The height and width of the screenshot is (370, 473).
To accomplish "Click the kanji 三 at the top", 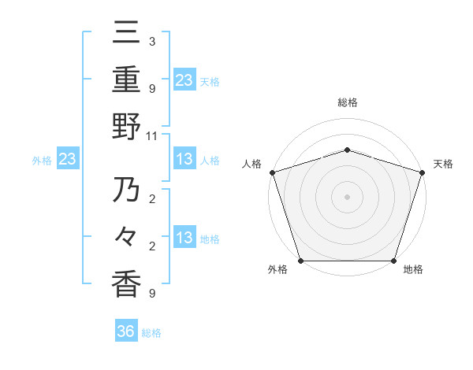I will [x=126, y=35].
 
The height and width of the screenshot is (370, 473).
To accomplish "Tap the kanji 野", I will [x=126, y=127].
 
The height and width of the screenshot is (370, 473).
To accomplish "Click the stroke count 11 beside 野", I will [x=152, y=135].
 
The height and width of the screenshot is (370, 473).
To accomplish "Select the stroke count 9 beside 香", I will [x=151, y=294].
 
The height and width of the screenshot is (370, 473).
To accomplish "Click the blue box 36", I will [x=126, y=331].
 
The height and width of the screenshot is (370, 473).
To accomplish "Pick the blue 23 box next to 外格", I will [x=68, y=160].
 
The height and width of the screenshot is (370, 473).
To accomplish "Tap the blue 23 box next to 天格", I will [x=184, y=80].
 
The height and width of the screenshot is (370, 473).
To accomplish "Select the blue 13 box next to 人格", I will [x=184, y=160].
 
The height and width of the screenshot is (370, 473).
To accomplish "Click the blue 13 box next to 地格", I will [x=184, y=239].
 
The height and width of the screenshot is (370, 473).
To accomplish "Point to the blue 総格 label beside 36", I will [x=151, y=333].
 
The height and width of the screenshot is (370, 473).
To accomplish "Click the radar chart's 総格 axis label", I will [x=347, y=102].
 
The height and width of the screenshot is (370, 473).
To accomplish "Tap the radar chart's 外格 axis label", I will [x=277, y=269].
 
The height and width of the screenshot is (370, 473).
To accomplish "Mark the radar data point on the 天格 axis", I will [x=422, y=172].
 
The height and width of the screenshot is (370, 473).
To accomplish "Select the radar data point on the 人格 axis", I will [x=272, y=172].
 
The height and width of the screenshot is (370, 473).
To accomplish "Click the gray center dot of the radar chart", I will [x=347, y=196].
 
